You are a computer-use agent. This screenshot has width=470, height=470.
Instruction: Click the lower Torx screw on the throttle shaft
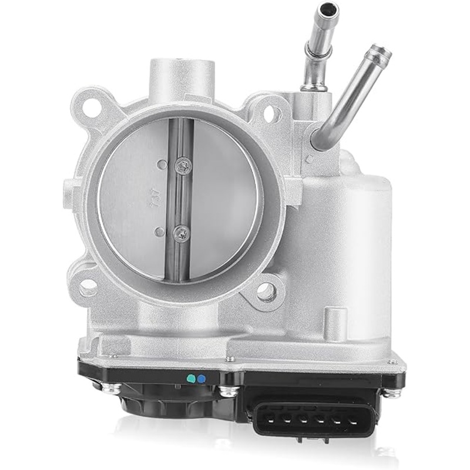181,233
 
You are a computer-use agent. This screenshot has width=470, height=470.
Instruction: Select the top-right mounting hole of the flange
270,113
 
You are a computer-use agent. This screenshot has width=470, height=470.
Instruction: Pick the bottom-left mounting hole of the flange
88,288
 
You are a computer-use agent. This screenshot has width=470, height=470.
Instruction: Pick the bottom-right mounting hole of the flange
266,289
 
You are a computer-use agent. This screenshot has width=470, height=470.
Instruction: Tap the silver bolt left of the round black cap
109,387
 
